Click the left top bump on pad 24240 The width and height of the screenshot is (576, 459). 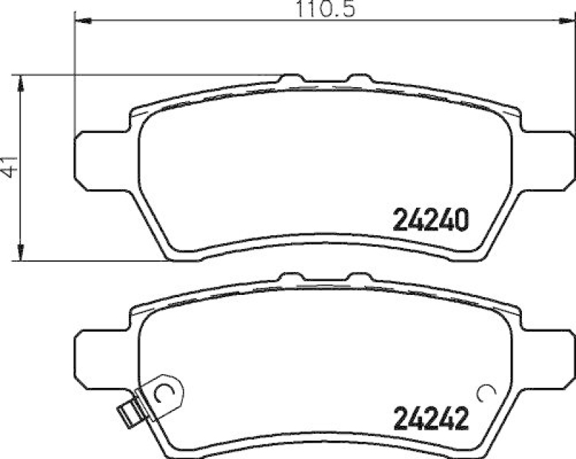point(292,78)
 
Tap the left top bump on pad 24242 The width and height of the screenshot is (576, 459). point(292,276)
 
